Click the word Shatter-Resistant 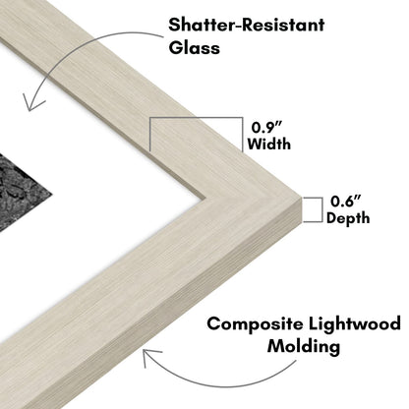[246, 25]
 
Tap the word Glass [194, 47]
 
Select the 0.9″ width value [267, 127]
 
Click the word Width [269, 144]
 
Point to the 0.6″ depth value [346, 201]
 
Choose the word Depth [348, 218]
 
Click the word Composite [255, 324]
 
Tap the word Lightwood [355, 323]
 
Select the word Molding [304, 346]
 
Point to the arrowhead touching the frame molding [149, 356]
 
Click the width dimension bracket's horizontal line [197, 118]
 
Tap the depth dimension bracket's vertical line [321, 209]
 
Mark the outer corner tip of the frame [301, 197]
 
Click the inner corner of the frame [205, 198]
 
